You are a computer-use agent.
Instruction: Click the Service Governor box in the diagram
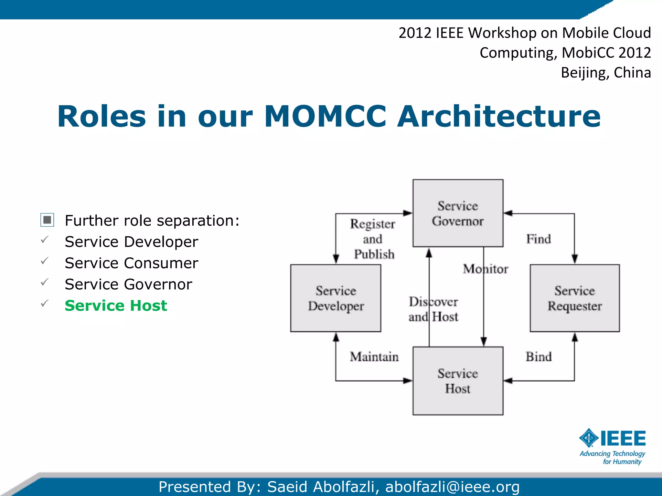point(458,213)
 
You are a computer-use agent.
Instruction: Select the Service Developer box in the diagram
point(336,298)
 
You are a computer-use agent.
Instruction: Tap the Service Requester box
point(574,298)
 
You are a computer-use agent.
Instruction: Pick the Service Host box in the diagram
point(458,381)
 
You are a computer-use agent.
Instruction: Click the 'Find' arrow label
point(538,239)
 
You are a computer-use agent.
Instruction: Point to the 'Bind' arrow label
point(538,357)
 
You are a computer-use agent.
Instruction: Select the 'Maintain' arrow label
point(374,357)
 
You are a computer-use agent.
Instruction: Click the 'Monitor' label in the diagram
point(485,269)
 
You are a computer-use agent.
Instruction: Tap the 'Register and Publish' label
point(373,239)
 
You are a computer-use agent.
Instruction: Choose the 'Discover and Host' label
point(433,309)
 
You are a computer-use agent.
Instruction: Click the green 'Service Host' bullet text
point(116,305)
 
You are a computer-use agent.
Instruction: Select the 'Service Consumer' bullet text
point(131,263)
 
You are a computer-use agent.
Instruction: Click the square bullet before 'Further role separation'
point(47,220)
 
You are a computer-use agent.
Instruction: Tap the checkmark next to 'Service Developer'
point(45,240)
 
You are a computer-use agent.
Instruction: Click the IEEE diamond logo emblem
point(589,438)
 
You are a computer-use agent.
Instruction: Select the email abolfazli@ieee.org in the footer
point(452,487)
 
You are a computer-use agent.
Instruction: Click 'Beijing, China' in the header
point(605,73)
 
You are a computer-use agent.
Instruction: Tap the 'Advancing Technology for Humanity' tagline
point(612,458)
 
